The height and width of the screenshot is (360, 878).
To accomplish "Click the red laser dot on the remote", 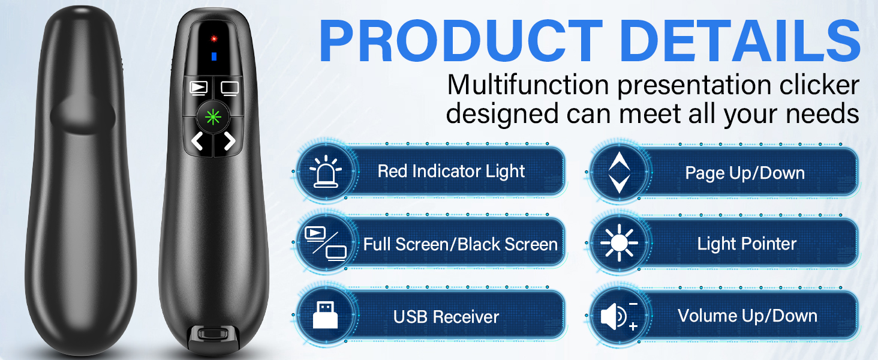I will [x=212, y=39].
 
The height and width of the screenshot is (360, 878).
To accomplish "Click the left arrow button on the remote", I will [x=197, y=142].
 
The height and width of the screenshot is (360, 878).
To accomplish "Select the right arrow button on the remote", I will [x=228, y=142].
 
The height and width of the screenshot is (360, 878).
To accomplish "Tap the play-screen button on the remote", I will [x=198, y=88].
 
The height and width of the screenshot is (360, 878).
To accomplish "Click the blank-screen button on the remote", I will [x=229, y=88].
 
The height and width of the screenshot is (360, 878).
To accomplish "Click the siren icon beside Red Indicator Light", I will [x=326, y=172].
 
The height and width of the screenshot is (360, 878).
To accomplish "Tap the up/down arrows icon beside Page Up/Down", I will [x=618, y=172].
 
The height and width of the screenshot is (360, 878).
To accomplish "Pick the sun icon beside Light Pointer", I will [x=618, y=244].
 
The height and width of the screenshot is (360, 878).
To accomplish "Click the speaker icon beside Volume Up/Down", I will [x=618, y=316].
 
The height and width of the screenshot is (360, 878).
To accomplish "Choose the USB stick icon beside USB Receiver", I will [x=326, y=316].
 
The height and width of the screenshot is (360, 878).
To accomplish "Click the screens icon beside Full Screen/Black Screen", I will [x=326, y=244].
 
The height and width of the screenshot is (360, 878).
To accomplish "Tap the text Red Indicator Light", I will [x=451, y=172].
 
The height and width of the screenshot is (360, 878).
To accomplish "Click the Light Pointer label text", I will [x=747, y=244].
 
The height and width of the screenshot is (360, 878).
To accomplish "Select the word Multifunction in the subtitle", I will [x=528, y=85].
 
